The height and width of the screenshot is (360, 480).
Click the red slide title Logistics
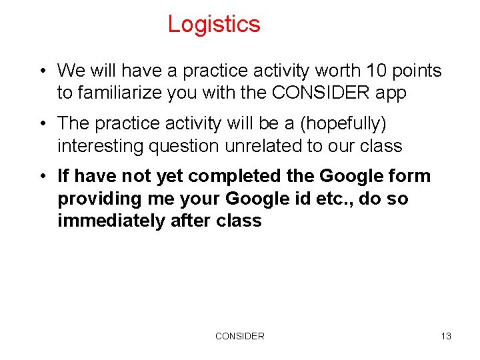tap(213, 24)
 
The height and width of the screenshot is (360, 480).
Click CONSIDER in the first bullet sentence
tap(322, 93)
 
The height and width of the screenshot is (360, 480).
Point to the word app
tap(390, 93)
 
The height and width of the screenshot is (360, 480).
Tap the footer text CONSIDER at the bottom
tap(239, 336)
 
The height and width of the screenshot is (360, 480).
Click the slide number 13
tap(446, 336)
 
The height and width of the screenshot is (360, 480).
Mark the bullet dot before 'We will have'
tap(42, 71)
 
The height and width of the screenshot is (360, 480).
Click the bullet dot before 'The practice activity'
tap(42, 124)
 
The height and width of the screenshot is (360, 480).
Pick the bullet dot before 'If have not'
tap(42, 177)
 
